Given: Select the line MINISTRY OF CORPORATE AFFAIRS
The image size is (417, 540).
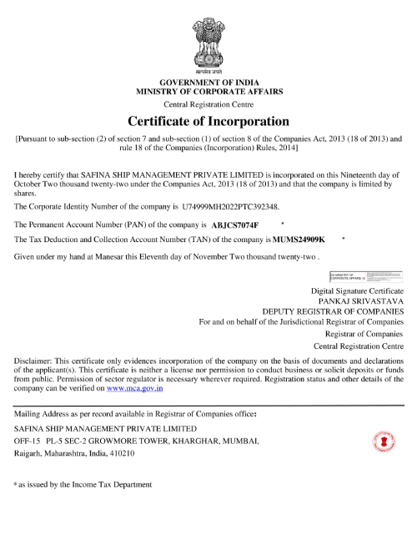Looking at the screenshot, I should [x=209, y=91].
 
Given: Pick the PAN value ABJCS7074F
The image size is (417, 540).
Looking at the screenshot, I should [x=236, y=225].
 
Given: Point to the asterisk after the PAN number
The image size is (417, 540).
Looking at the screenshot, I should [x=284, y=224].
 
